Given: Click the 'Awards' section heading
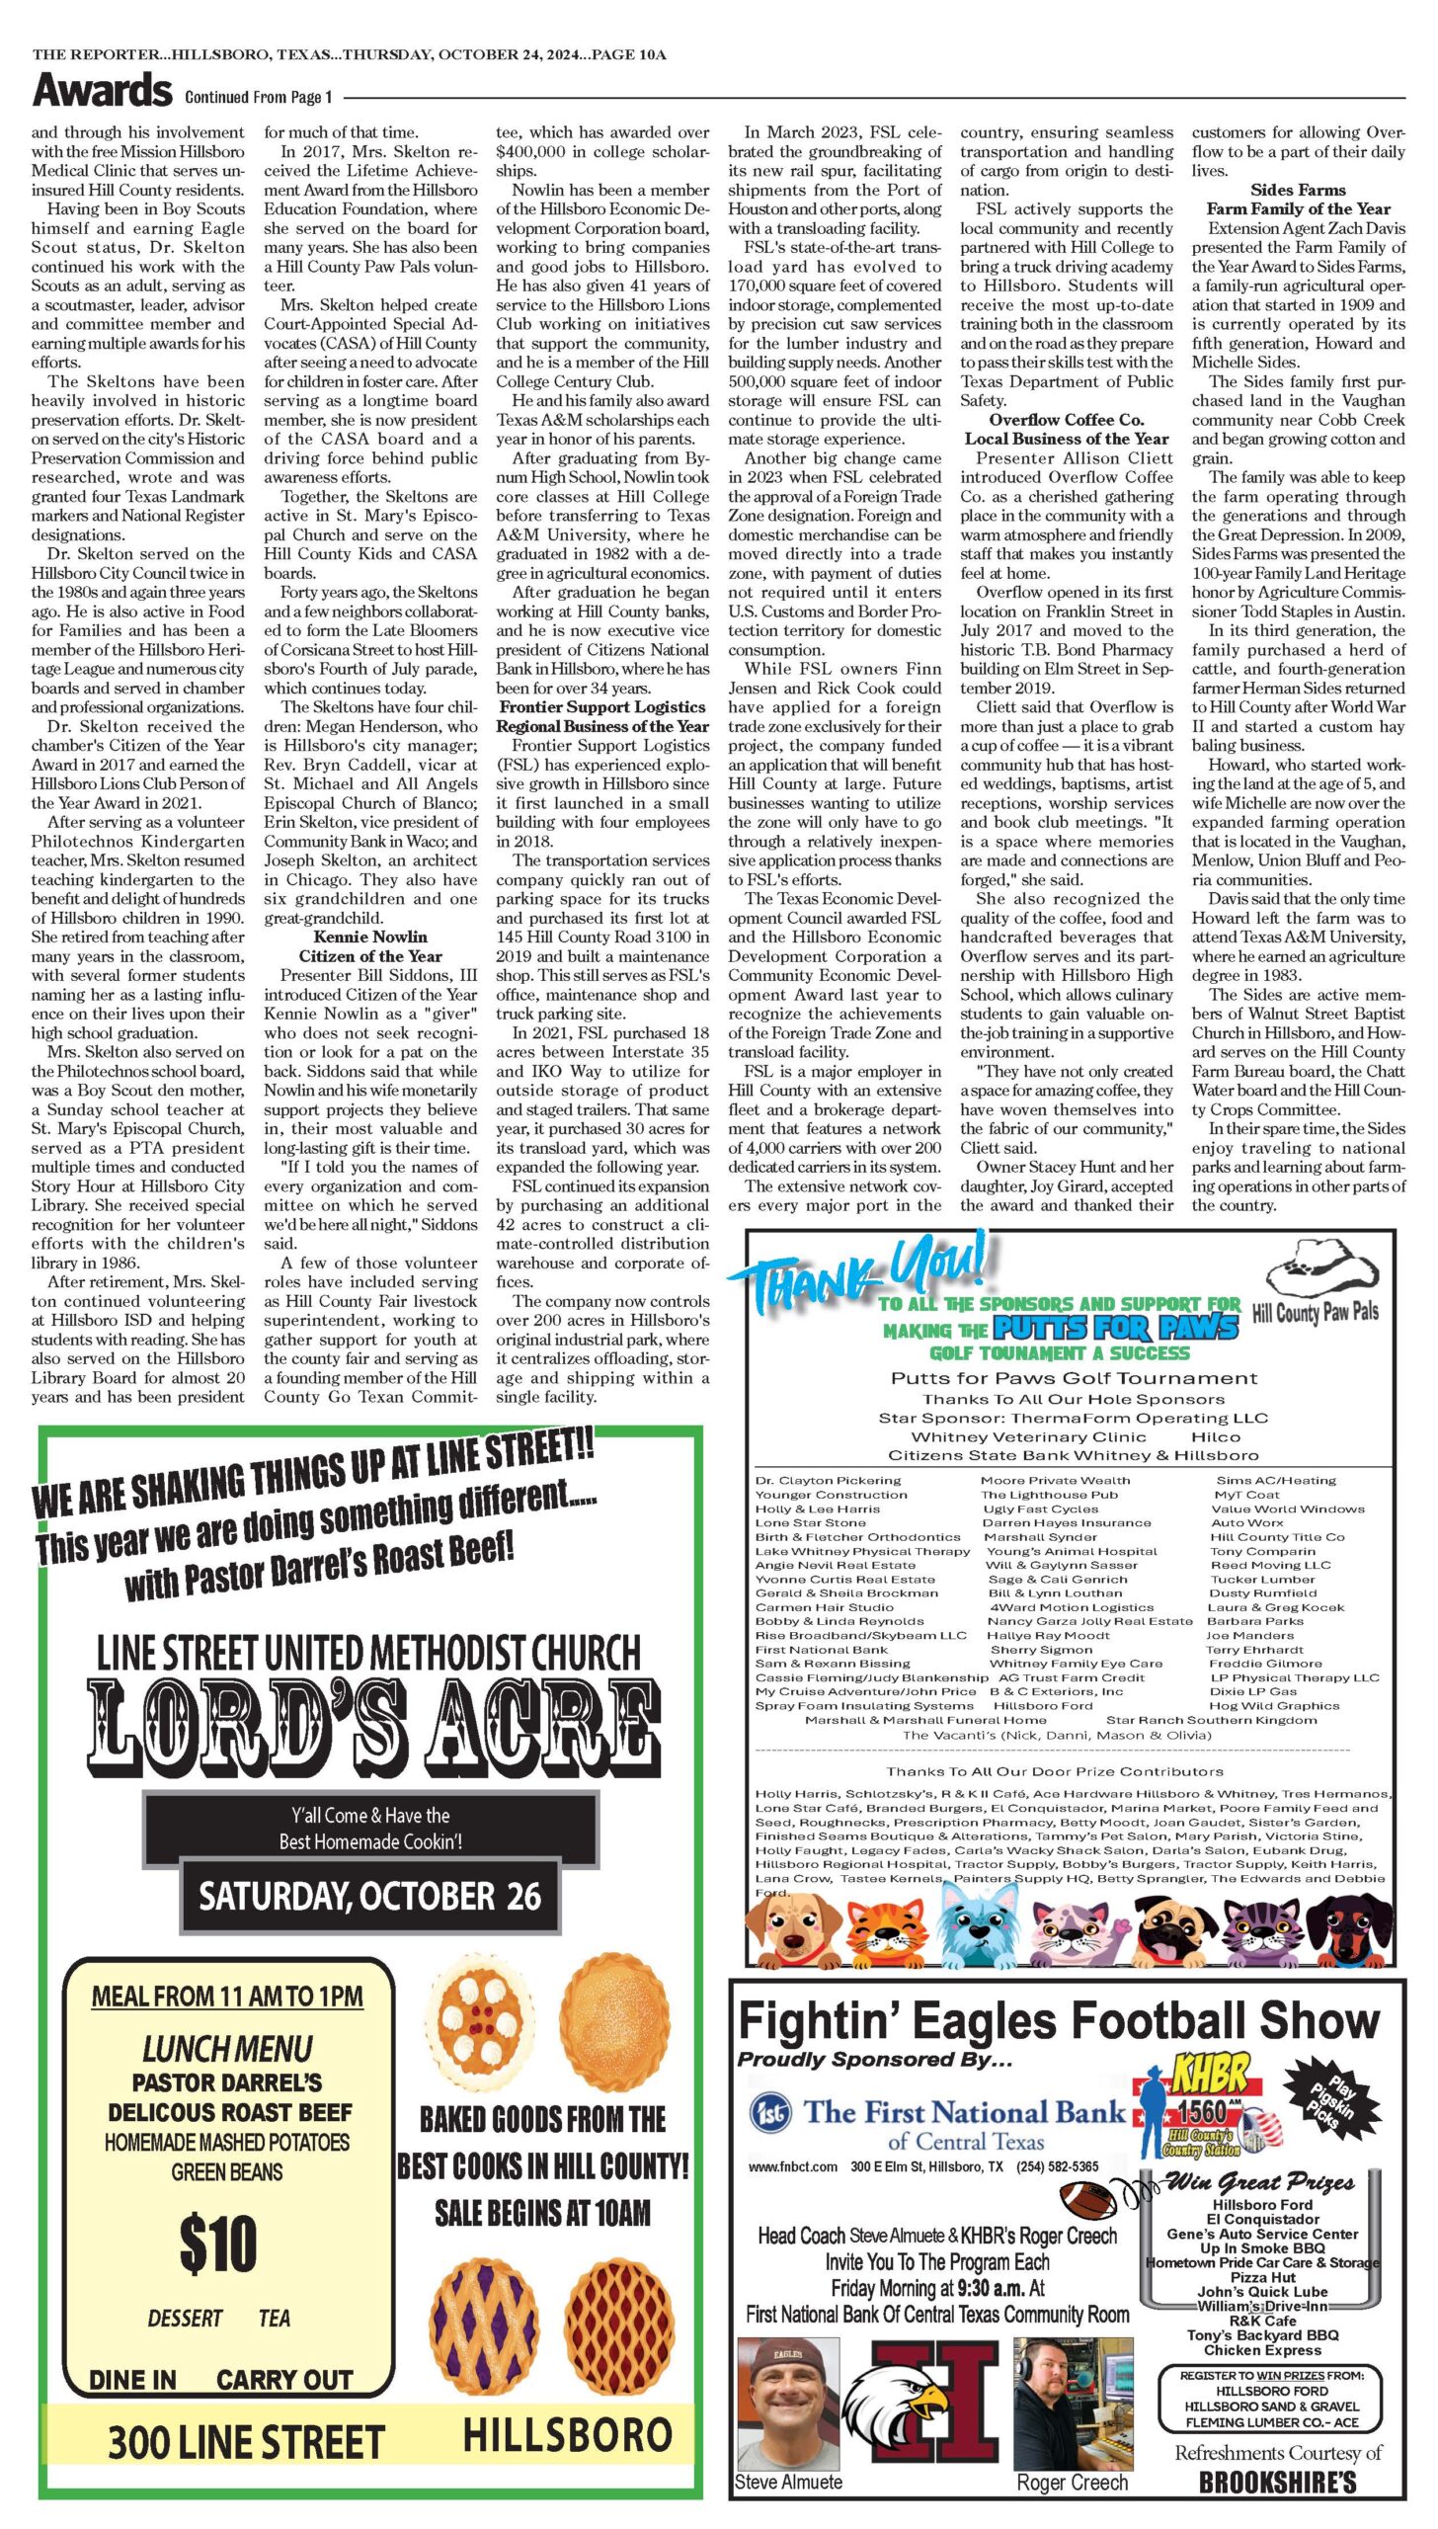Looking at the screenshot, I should click(x=103, y=91).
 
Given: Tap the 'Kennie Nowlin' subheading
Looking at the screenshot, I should click(x=370, y=937).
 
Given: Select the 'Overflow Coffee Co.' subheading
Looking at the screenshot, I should click(x=1067, y=420).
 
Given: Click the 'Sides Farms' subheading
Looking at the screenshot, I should click(x=1298, y=190).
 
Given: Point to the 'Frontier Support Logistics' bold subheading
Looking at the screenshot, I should click(x=602, y=707).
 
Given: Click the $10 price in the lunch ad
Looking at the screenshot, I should click(x=218, y=2243).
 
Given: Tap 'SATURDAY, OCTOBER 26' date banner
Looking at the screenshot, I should click(x=370, y=1896).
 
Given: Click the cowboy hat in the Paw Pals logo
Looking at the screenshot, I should click(x=1321, y=1266).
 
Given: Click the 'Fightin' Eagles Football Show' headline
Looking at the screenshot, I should click(x=1059, y=2020).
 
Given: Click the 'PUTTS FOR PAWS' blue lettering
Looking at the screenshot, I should click(x=1115, y=1328).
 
